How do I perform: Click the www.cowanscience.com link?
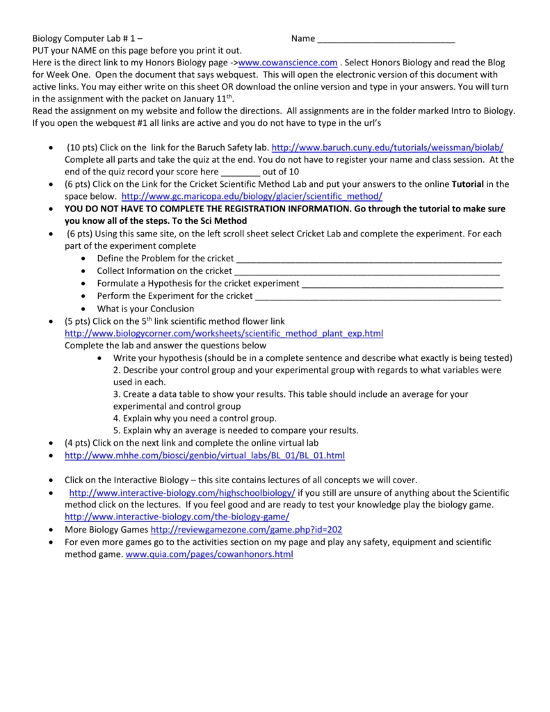[288, 63]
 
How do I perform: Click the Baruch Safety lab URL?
[387, 148]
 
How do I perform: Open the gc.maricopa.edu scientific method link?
[252, 197]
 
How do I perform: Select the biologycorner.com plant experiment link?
[223, 334]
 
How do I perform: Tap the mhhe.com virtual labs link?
[204, 455]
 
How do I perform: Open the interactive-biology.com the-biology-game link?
[177, 517]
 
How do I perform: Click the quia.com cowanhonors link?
[209, 554]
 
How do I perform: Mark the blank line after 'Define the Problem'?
[369, 259]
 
